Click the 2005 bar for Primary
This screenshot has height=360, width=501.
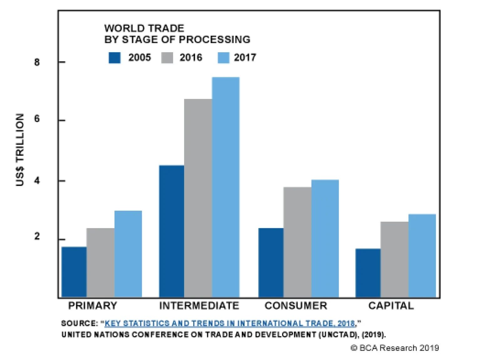tap(74, 272)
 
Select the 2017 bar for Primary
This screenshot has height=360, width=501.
tap(128, 254)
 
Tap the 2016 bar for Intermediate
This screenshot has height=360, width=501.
tap(198, 198)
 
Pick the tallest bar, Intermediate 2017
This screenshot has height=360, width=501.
tap(226, 187)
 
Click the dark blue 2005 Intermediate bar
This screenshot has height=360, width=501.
tap(172, 231)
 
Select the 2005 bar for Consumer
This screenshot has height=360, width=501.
tap(271, 262)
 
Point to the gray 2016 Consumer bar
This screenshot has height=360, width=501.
tap(297, 242)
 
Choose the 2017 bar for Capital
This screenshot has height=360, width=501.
tap(422, 255)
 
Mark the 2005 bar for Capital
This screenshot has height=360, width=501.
tap(368, 273)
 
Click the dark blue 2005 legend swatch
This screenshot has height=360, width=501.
tap(115, 58)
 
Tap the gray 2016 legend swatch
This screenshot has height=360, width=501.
tap(167, 58)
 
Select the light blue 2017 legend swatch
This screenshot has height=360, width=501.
tap(223, 58)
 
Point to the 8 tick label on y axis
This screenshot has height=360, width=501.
tap(37, 62)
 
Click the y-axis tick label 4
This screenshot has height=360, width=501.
tap(37, 181)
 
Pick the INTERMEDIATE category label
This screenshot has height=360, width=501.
tap(199, 306)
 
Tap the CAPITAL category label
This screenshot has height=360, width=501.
tap(391, 306)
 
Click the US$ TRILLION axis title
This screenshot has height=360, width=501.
tap(20, 150)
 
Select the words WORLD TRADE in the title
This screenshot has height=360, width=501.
tap(144, 28)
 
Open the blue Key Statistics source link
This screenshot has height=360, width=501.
tap(230, 323)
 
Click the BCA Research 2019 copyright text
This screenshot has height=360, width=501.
tap(395, 348)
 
